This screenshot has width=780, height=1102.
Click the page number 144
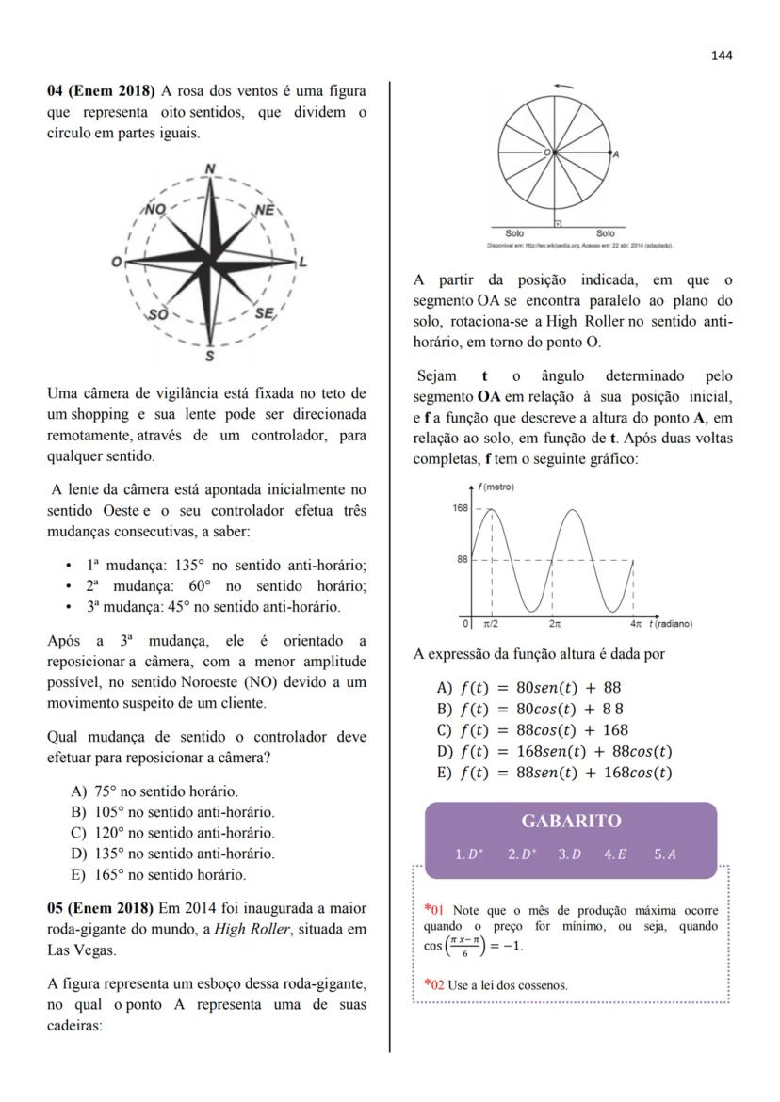[722, 56]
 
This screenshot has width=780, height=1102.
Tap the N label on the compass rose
[210, 169]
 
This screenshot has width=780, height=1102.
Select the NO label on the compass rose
[155, 210]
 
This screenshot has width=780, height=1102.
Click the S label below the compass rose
[209, 357]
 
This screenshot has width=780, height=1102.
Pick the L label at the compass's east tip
[302, 263]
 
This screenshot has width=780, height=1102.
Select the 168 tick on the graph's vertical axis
[459, 508]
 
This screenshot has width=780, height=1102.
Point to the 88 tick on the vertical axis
[461, 560]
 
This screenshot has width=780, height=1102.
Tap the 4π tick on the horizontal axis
[636, 624]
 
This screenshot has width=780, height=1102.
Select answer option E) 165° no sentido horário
[158, 874]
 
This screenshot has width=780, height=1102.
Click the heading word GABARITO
[571, 821]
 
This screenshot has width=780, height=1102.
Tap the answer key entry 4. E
[616, 854]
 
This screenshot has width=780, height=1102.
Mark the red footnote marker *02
[434, 984]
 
